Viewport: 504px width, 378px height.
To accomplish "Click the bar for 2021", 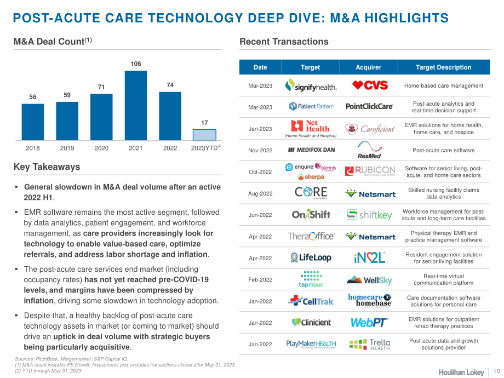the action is tap(136, 105).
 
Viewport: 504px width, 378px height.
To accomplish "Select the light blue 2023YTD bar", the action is tap(204, 135).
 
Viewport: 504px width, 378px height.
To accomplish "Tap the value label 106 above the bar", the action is tap(136, 64).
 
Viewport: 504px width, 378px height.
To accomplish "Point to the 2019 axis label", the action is tap(67, 148).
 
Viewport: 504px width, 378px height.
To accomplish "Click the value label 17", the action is tap(204, 123).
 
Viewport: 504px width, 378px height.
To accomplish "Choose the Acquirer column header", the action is tap(368, 67).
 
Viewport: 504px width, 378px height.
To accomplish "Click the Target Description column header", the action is tap(444, 67).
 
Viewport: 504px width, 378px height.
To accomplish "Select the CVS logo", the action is tap(370, 85).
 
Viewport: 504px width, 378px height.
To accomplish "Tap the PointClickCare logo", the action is tap(369, 106).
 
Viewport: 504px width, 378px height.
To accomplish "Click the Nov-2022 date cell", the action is tap(260, 150).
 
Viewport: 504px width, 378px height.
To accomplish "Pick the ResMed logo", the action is tap(369, 150).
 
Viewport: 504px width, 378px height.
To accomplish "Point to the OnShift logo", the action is tap(311, 214).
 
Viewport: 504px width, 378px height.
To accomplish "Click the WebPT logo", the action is tap(369, 322).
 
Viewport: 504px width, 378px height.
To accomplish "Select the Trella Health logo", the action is tap(370, 344).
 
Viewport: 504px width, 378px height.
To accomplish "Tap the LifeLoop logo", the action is tap(311, 258).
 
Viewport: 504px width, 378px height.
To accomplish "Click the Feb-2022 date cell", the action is tap(260, 279).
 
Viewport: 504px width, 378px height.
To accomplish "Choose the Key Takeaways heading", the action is tap(47, 167).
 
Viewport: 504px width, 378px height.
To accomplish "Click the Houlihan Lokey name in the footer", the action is tap(461, 372).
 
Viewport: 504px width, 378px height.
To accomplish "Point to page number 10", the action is tap(497, 371).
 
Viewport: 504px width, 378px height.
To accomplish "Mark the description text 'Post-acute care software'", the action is tap(444, 150).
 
